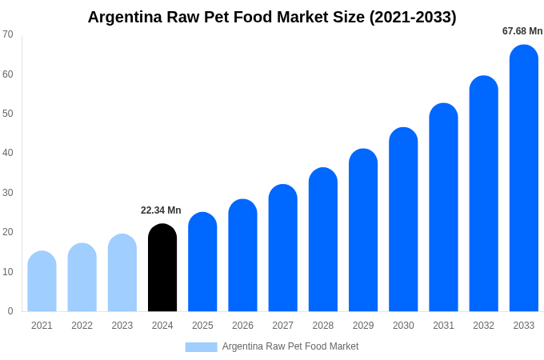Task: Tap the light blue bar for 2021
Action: pyautogui.click(x=42, y=282)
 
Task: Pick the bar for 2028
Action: pyautogui.click(x=322, y=240)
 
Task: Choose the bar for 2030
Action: pyautogui.click(x=403, y=220)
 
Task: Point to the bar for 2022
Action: pyautogui.click(x=82, y=278)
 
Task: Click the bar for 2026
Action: pyautogui.click(x=242, y=256)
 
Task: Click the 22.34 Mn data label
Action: pyautogui.click(x=161, y=210)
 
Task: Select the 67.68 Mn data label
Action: pyautogui.click(x=522, y=31)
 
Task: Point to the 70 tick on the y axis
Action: pyautogui.click(x=8, y=34)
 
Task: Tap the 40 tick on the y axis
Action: pyautogui.click(x=8, y=153)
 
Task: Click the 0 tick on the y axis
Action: pyautogui.click(x=10, y=311)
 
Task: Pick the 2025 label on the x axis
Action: pyautogui.click(x=202, y=326)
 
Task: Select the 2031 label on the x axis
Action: pyautogui.click(x=443, y=326)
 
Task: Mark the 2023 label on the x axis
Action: pyautogui.click(x=122, y=326)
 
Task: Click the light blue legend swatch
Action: pyautogui.click(x=201, y=346)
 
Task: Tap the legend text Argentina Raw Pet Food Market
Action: pyautogui.click(x=290, y=346)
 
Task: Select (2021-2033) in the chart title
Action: pyautogui.click(x=413, y=17)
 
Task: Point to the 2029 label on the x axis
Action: pyautogui.click(x=363, y=326)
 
